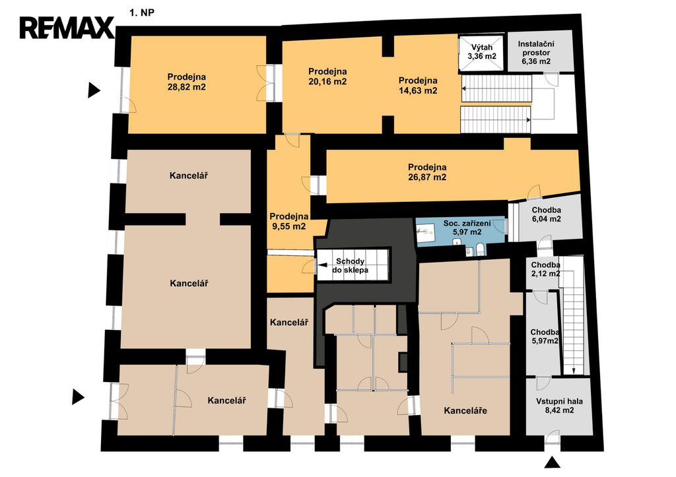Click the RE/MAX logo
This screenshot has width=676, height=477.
click(x=67, y=28)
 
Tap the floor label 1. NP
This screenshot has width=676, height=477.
click(x=142, y=13)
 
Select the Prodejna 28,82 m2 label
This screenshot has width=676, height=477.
click(x=187, y=82)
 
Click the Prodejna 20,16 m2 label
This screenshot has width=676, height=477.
click(x=327, y=77)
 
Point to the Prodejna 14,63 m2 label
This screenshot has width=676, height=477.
click(x=418, y=85)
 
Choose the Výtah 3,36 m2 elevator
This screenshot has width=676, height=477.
click(x=481, y=53)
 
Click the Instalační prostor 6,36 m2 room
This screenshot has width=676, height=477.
click(x=540, y=51)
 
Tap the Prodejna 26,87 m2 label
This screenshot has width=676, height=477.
click(x=427, y=172)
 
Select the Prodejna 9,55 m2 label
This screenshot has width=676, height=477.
click(x=289, y=221)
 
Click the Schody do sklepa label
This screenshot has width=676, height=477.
click(x=350, y=265)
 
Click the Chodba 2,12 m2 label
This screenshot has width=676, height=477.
click(x=546, y=269)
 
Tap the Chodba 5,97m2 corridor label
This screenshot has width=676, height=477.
click(x=545, y=336)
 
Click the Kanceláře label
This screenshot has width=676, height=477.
click(x=465, y=410)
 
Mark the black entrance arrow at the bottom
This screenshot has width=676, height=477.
click(x=552, y=462)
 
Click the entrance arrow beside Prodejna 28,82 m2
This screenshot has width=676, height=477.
click(x=94, y=90)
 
